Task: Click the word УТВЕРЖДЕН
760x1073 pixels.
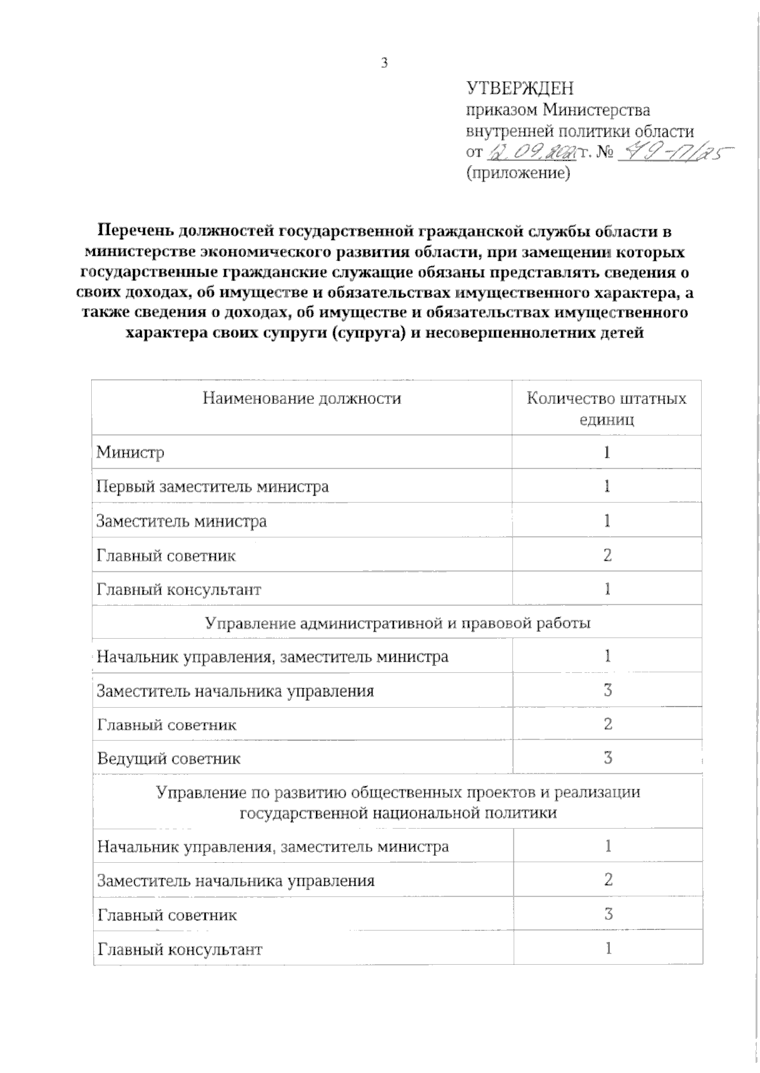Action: coord(519,88)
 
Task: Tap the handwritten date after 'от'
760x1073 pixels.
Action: coord(529,153)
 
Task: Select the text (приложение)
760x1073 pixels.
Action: coord(518,172)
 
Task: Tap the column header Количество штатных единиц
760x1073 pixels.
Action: coord(606,408)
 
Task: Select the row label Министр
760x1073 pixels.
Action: coord(130,453)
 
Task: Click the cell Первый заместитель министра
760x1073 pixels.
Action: coord(212,487)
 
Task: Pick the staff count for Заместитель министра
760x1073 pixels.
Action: coord(607,521)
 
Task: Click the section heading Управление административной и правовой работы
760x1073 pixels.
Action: coord(398,623)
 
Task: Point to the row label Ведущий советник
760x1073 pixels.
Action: coord(168,758)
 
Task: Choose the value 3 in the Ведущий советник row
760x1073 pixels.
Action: coord(607,758)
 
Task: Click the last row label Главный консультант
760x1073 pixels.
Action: coord(179,950)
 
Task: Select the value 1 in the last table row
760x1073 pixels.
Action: coord(608,948)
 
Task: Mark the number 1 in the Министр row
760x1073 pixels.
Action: coord(607,453)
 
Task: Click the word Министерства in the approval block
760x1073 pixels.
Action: coord(597,110)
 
